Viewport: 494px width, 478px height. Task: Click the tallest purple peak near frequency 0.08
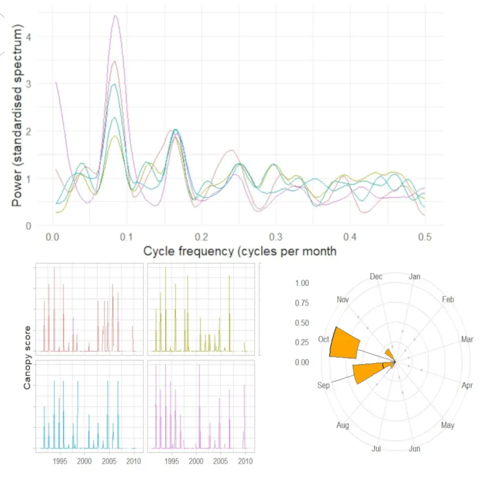[115, 16]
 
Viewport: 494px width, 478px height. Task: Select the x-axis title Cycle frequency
[240, 251]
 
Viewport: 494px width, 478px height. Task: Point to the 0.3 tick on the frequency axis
[275, 238]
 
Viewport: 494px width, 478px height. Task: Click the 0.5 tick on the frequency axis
[425, 238]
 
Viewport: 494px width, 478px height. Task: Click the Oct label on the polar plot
[324, 340]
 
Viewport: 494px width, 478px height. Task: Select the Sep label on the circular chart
[324, 386]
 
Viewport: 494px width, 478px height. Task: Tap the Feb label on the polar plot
[448, 300]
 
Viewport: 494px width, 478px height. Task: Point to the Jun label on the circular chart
[414, 449]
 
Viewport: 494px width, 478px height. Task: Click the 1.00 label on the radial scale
[302, 283]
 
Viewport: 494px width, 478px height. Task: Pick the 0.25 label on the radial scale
[302, 342]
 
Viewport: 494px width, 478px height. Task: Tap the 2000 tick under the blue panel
[84, 461]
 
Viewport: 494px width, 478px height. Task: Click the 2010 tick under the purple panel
[246, 461]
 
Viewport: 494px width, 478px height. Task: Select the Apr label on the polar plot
[467, 386]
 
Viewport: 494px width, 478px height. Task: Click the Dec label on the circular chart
[376, 276]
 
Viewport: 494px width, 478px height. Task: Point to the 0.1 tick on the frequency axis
[126, 238]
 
